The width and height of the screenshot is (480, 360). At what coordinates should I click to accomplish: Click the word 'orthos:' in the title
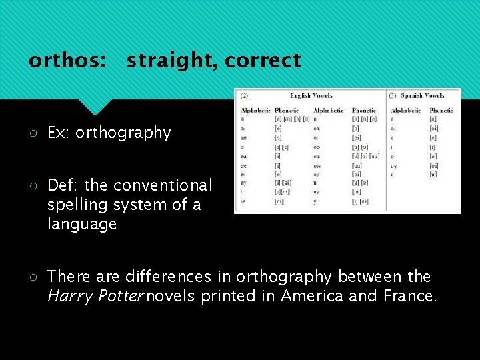click(x=67, y=61)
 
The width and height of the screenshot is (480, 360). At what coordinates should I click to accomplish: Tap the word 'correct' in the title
click(x=263, y=61)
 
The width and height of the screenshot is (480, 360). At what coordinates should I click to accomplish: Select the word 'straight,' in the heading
click(x=172, y=61)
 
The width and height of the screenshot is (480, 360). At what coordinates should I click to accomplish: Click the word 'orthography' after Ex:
click(x=123, y=133)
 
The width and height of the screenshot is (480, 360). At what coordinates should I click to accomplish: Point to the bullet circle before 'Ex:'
click(x=33, y=133)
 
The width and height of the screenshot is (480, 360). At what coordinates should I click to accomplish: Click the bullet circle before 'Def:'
click(x=33, y=185)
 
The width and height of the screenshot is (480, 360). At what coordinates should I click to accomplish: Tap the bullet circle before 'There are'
click(x=33, y=277)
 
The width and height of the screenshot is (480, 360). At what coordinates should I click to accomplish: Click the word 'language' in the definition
click(x=82, y=224)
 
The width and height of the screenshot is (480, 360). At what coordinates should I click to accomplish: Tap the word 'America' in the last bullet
click(x=313, y=296)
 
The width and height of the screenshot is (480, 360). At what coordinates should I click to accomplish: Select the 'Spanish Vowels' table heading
click(x=422, y=96)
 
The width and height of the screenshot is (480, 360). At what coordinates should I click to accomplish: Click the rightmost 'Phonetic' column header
click(x=441, y=110)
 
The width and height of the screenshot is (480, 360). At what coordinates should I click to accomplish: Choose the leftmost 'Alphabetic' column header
click(x=255, y=110)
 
